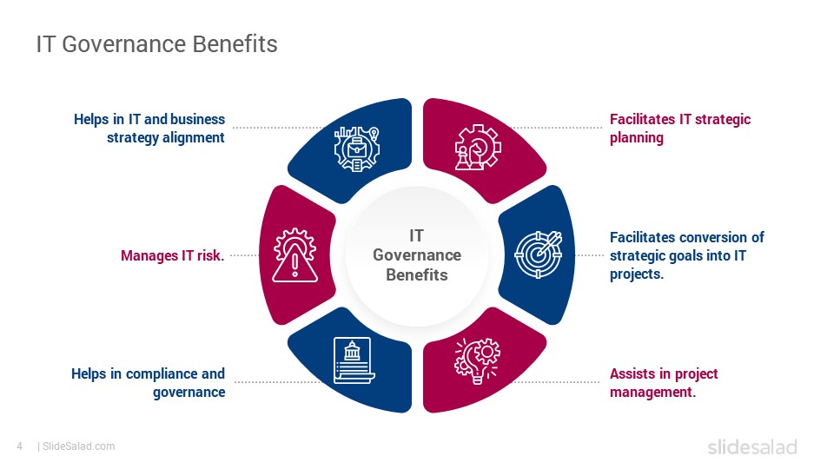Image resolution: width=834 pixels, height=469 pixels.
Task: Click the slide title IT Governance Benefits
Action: (157, 44)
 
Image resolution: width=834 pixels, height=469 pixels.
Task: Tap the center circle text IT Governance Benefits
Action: (417, 255)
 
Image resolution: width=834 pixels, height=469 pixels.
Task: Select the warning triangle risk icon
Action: (295, 255)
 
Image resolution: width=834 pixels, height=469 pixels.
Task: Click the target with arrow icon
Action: (539, 254)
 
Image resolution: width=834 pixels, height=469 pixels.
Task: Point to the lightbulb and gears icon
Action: (477, 360)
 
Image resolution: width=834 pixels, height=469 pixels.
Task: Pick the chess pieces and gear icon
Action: (478, 148)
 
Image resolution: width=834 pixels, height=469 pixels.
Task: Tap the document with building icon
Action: (354, 360)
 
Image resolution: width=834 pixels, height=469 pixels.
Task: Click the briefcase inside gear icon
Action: (357, 149)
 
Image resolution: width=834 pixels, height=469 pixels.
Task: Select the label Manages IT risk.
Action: (172, 255)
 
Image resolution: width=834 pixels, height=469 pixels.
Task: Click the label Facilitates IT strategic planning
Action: (679, 129)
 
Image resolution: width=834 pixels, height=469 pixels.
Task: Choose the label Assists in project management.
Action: (664, 383)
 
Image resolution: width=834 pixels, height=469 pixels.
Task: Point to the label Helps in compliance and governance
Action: (148, 383)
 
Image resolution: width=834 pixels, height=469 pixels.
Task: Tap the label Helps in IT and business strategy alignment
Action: (149, 129)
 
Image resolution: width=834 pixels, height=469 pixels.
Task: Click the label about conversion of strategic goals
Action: (686, 255)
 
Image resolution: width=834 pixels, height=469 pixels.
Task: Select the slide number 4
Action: (20, 446)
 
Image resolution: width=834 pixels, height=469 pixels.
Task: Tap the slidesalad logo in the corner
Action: (752, 446)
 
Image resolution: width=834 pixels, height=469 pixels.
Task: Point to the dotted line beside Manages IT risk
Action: (243, 255)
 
